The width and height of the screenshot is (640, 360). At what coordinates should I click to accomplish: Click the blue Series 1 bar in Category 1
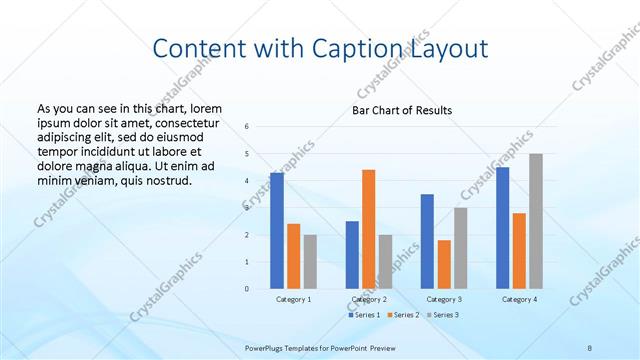277,231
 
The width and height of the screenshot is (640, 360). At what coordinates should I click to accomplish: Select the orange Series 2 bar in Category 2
368,229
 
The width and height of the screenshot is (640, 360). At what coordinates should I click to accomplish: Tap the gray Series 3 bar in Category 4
536,221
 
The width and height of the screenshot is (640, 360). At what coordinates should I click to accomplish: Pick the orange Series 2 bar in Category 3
444,264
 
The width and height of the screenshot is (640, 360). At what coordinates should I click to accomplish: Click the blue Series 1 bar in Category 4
503,228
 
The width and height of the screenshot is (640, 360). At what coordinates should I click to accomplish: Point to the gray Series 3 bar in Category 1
310,262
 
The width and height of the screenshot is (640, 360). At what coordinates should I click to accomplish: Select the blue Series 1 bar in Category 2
352,255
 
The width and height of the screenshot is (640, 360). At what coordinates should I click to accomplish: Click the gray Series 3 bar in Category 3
460,248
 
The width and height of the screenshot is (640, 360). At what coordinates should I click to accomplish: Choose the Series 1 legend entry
366,315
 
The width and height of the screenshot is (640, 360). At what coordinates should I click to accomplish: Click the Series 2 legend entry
403,315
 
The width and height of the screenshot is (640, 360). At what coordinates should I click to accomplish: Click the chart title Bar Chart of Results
402,110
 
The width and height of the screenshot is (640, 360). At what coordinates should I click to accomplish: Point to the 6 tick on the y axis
247,127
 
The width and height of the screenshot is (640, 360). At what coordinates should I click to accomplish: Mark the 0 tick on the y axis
247,289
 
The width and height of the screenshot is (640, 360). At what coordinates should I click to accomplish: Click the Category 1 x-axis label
293,299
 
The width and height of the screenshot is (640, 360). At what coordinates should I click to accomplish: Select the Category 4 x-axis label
519,299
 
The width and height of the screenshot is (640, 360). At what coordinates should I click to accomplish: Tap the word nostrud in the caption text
165,181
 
